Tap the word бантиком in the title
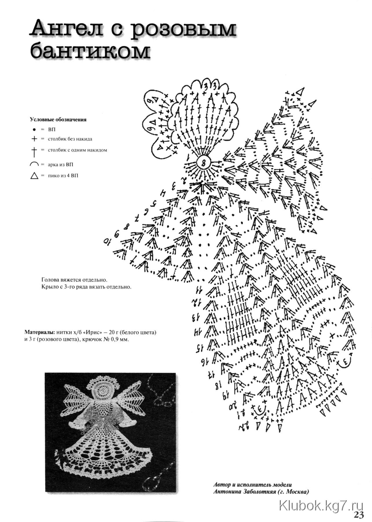pos(90,51)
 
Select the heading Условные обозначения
pos(58,119)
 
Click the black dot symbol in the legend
pos(34,130)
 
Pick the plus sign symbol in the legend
pos(34,139)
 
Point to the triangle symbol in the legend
pos(34,176)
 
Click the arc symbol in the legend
pos(34,164)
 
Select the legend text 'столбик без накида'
pos(70,139)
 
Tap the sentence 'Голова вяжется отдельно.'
pos(74,280)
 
